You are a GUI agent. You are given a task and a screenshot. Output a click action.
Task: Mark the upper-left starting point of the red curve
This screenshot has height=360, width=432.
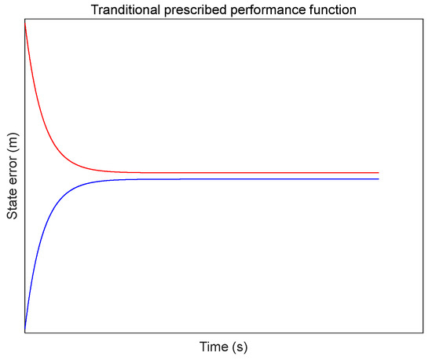click(26, 23)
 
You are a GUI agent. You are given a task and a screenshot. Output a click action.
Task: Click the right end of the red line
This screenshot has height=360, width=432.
click(379, 172)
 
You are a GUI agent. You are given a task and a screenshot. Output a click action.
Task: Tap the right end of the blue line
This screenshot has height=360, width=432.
click(379, 179)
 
